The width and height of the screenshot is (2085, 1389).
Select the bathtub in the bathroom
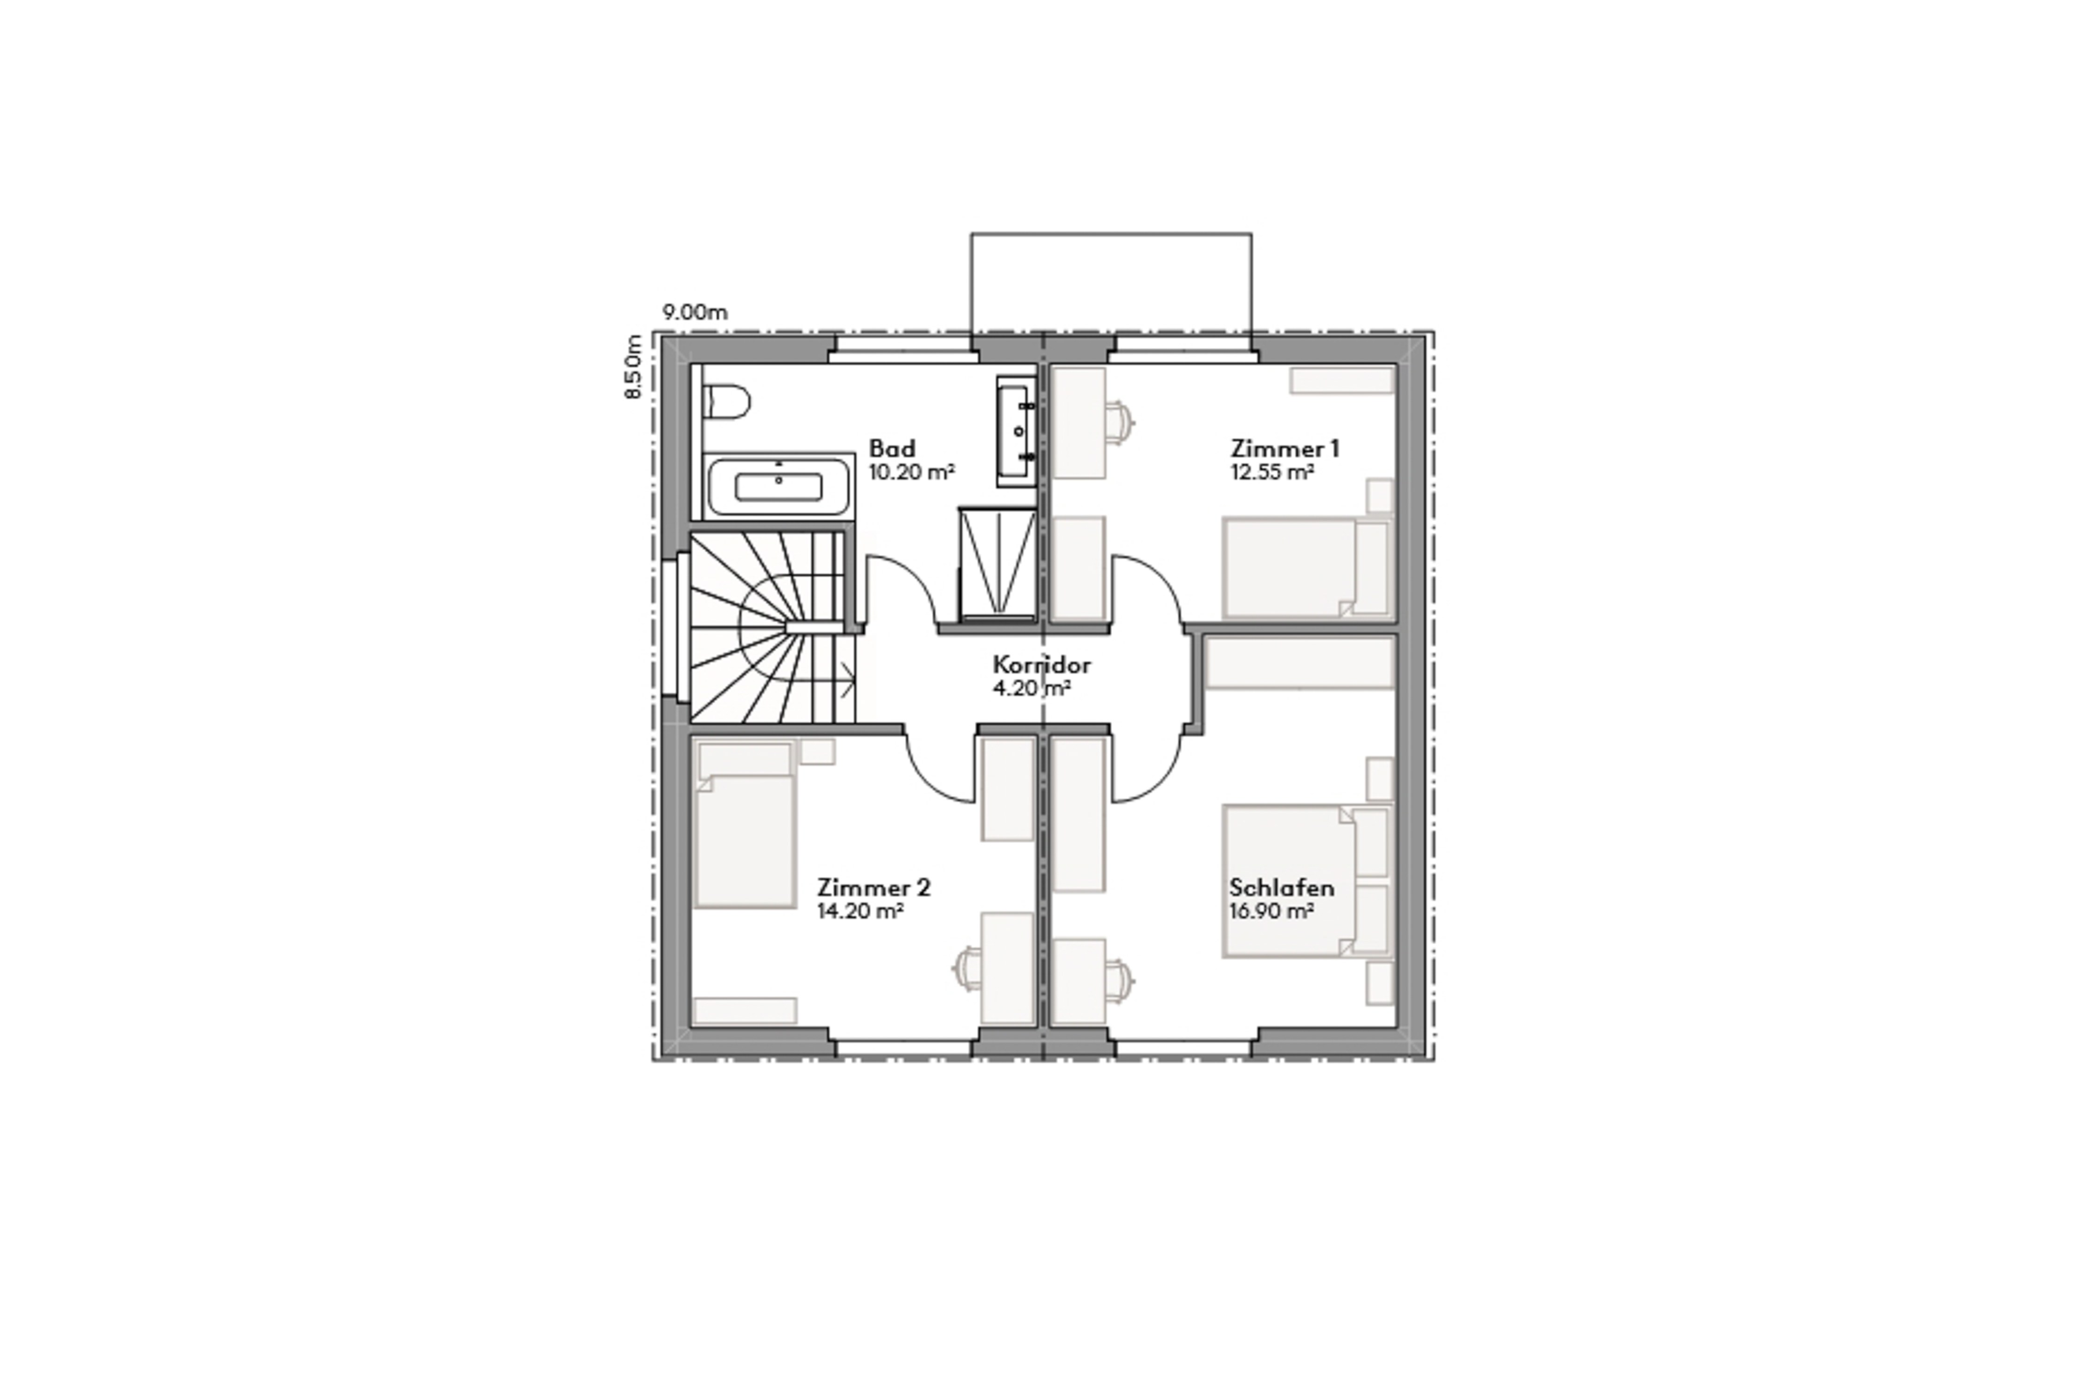(779, 486)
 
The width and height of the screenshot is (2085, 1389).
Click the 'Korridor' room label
(1041, 664)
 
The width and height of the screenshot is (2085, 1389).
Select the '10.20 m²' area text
(911, 472)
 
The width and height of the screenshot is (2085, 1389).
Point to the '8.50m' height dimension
(633, 367)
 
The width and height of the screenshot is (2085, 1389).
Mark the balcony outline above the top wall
(1111, 284)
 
